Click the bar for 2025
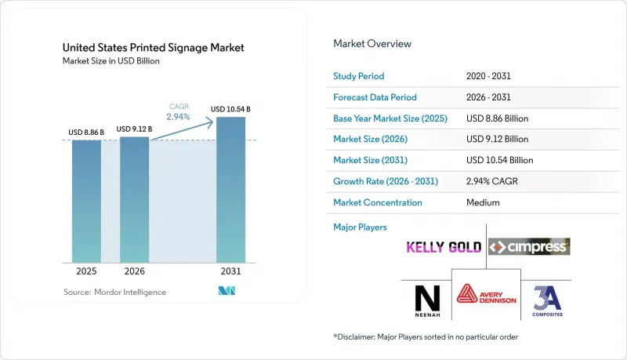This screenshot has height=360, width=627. point(86,202)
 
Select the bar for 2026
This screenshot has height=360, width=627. point(134,199)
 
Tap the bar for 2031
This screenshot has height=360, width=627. point(230,190)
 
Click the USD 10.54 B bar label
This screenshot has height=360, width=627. point(230,109)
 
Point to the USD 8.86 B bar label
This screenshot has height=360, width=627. point(86,133)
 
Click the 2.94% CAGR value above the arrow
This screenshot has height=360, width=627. point(179,117)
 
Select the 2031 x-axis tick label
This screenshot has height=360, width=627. point(230,271)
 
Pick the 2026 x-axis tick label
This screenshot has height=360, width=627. point(134,271)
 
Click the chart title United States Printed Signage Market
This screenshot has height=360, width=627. point(153,48)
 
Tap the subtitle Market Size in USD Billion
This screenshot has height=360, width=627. point(111,61)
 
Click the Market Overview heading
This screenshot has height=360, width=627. point(372,44)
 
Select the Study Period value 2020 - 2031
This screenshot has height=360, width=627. point(488,76)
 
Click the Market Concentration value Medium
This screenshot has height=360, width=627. point(483,202)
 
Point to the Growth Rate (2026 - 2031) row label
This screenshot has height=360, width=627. point(386,181)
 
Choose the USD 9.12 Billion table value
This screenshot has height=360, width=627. point(497,139)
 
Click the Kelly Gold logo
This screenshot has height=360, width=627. point(444,247)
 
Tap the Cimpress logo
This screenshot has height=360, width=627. point(529,247)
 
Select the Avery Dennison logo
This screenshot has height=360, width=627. point(486,294)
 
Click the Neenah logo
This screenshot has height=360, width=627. point(427,301)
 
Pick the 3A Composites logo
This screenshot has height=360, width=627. point(547,301)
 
